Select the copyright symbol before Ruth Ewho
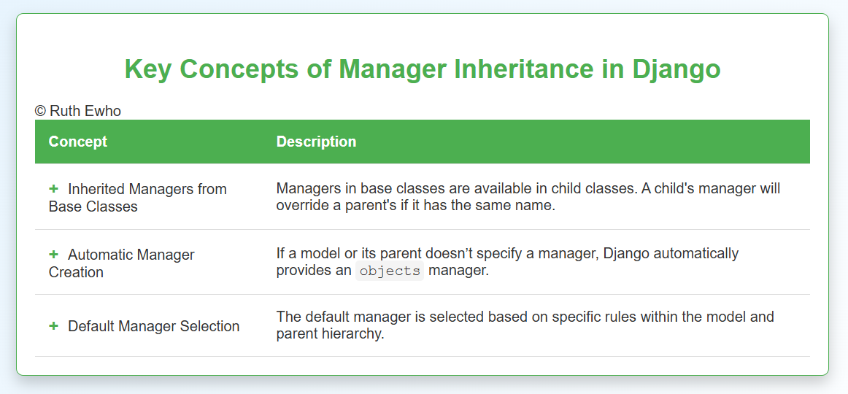(x=41, y=111)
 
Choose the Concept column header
(x=78, y=142)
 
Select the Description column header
(x=317, y=142)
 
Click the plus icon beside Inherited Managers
(x=53, y=189)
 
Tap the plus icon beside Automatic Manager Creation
(x=53, y=253)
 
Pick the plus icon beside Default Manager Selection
(x=53, y=326)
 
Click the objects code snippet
(x=390, y=271)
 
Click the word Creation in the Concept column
(x=76, y=272)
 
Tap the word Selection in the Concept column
(x=210, y=326)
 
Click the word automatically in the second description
(x=700, y=253)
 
